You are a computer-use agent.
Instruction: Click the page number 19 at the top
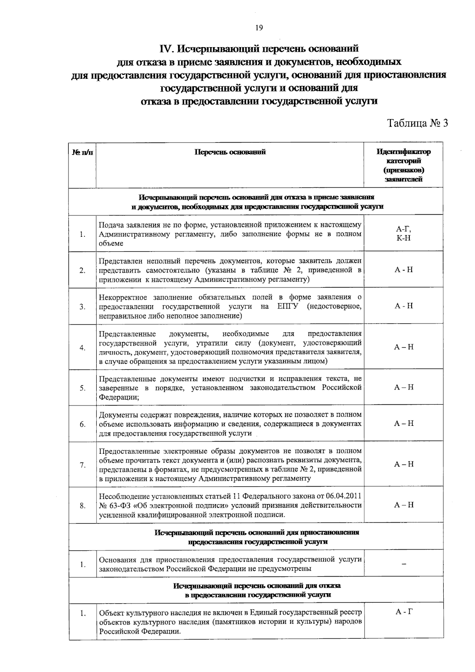point(259,28)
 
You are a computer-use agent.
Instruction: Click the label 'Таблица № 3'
point(417,123)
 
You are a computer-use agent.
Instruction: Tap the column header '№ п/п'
point(82,152)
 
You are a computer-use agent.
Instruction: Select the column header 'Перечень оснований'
point(230,152)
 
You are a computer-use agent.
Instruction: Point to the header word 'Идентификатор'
point(403,152)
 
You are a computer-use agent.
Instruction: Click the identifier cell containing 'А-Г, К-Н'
point(403,233)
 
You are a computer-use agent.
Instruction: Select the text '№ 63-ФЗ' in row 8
point(112,505)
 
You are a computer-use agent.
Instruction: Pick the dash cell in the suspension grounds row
point(403,564)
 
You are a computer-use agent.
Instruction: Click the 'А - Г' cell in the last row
point(403,612)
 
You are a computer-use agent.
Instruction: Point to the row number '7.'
point(82,465)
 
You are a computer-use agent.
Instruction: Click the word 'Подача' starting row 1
point(111,225)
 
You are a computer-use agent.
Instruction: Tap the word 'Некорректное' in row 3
point(123,297)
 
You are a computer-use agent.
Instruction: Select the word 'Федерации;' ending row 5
point(119,397)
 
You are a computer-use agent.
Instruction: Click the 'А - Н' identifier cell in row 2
point(403,270)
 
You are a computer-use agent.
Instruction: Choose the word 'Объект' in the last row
point(111,613)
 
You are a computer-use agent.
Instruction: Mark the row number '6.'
point(82,425)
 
